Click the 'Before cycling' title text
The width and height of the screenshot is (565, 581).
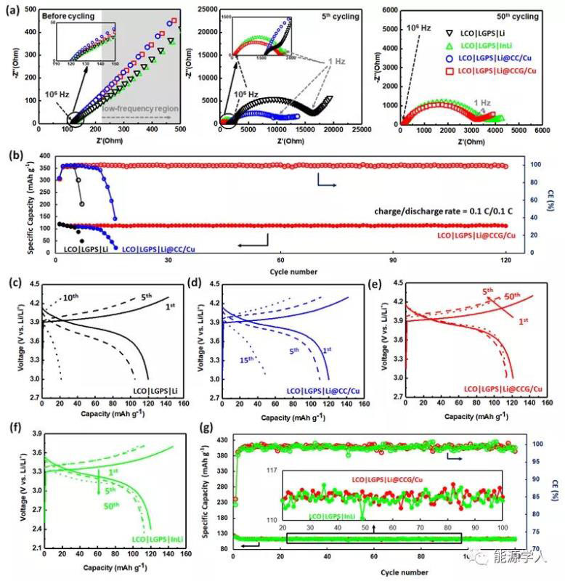(x=64, y=14)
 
